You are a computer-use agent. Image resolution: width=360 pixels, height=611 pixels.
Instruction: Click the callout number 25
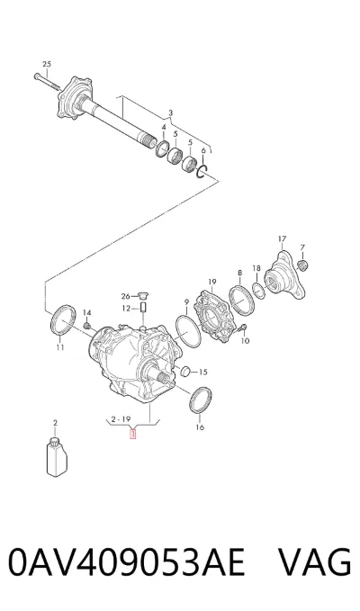point(47,64)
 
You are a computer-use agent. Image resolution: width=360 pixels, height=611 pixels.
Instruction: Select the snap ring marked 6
point(203,171)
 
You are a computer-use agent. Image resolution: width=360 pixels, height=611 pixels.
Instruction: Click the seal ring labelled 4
point(162,148)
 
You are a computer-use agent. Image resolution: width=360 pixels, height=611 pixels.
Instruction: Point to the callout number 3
point(170,113)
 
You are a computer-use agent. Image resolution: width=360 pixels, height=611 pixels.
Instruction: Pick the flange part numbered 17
point(284,276)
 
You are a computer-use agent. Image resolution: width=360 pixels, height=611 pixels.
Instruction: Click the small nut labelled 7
point(302,265)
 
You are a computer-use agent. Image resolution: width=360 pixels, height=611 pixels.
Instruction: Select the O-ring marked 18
point(258,291)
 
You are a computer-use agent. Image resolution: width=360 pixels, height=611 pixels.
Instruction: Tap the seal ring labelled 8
point(241,301)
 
